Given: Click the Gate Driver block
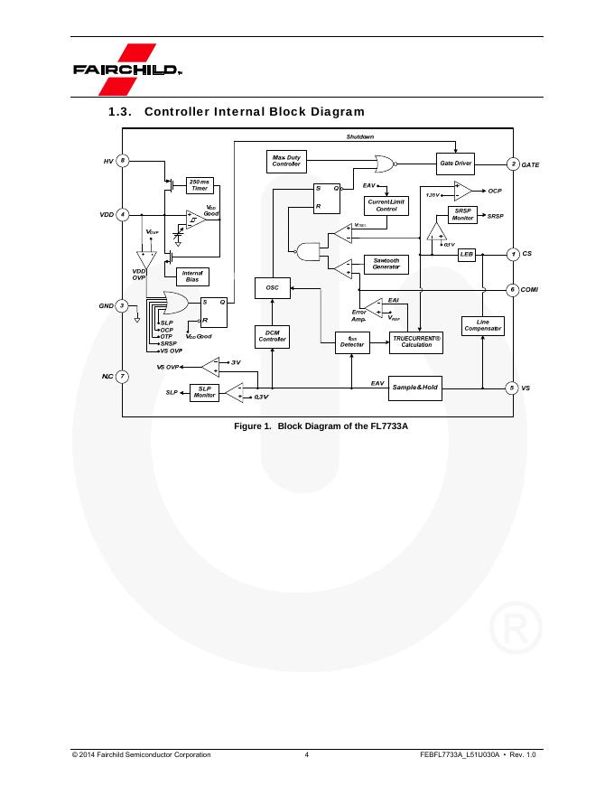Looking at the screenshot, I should [x=456, y=164].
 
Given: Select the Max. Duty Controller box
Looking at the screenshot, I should [x=286, y=161].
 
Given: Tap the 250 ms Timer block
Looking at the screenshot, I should [x=200, y=185].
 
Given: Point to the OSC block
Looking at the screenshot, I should [x=272, y=287].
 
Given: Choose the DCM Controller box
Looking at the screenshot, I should [x=272, y=336].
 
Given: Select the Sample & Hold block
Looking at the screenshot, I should [x=414, y=387].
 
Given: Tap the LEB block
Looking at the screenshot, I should [x=466, y=255].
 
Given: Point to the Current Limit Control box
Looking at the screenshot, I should [x=386, y=205].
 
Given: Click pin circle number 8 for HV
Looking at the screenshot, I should [x=123, y=161].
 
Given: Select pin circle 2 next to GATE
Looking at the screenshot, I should [x=513, y=164].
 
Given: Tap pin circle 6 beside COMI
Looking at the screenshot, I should [x=513, y=290].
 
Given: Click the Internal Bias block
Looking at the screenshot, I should [x=191, y=276].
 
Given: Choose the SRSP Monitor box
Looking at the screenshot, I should [x=462, y=215].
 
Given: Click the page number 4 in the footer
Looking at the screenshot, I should [x=307, y=754].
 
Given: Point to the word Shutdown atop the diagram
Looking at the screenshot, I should [x=360, y=136].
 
